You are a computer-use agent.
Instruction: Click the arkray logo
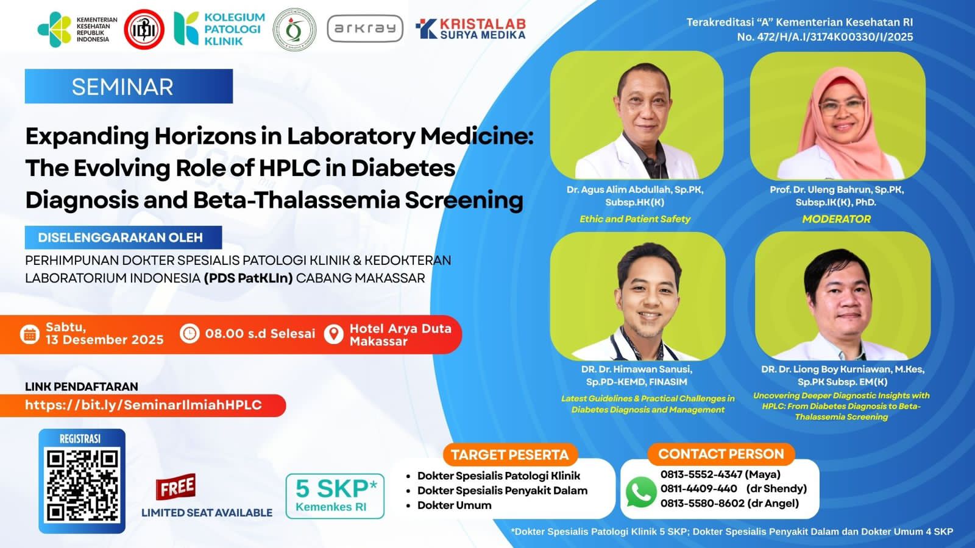click(x=365, y=29)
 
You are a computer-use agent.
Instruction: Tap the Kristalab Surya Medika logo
click(x=470, y=29)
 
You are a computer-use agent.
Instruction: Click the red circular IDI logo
click(x=144, y=29)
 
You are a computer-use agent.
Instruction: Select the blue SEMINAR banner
click(x=129, y=86)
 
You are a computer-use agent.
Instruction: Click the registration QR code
click(x=82, y=485)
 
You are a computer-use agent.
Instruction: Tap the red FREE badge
click(x=176, y=487)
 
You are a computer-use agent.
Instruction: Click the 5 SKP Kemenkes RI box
click(x=335, y=496)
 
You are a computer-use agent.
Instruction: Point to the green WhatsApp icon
click(x=640, y=492)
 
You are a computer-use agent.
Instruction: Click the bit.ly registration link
click(x=143, y=405)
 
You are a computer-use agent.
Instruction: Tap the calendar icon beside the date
click(x=30, y=334)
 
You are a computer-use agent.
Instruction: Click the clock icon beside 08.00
click(x=190, y=334)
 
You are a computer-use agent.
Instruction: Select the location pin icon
click(x=334, y=334)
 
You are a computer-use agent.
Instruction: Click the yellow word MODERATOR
click(x=837, y=219)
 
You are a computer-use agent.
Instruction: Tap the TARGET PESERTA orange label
click(x=509, y=455)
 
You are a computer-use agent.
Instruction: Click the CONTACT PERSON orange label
click(x=721, y=454)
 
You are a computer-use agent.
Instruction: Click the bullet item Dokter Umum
click(x=455, y=505)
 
